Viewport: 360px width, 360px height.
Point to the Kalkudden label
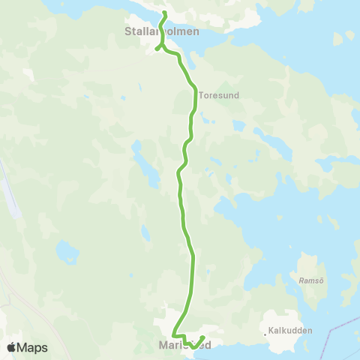(289, 330)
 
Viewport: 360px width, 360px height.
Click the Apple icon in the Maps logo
(11, 347)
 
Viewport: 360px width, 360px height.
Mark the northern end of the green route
(164, 13)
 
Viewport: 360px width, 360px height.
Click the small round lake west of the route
(67, 252)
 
